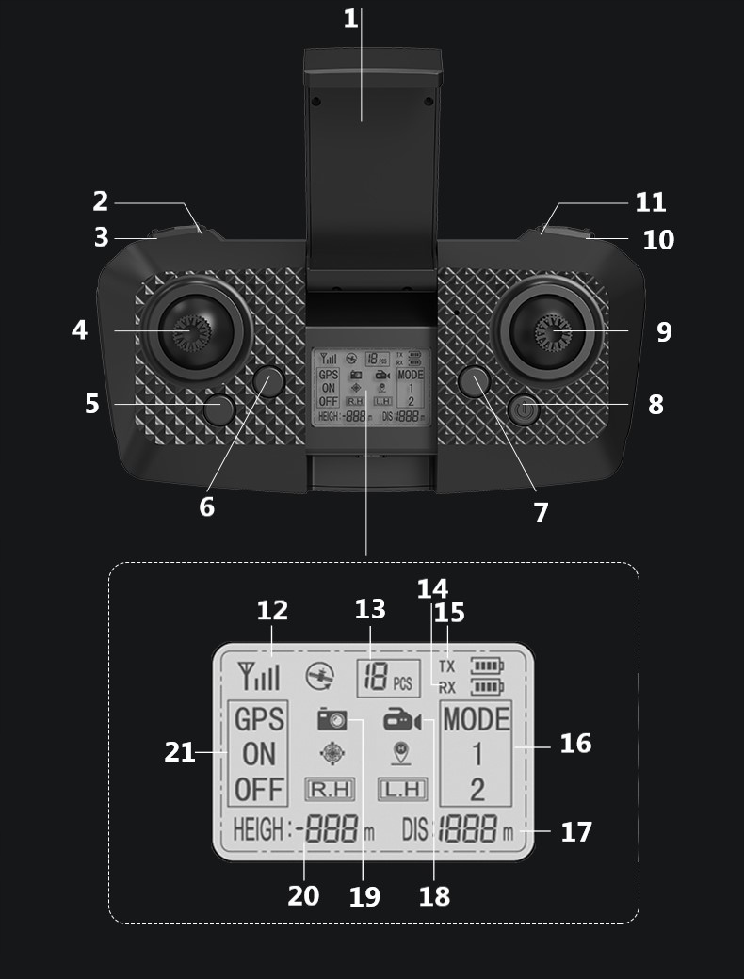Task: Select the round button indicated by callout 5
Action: click(x=219, y=409)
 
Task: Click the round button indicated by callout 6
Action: click(x=268, y=381)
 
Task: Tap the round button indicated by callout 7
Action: click(x=474, y=381)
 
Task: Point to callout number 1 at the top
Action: click(x=350, y=19)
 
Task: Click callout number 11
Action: click(x=650, y=202)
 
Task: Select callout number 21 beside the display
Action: click(x=179, y=752)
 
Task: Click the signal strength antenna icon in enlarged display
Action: click(x=258, y=675)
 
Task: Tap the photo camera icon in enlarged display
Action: click(x=332, y=721)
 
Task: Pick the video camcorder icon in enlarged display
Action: click(x=401, y=722)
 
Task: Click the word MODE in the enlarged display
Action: click(x=476, y=720)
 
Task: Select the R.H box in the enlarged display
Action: click(x=329, y=789)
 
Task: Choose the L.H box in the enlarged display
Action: click(x=402, y=789)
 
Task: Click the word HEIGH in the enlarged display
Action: click(x=258, y=830)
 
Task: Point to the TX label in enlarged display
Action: click(x=446, y=666)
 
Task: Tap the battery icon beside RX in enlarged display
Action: click(x=487, y=687)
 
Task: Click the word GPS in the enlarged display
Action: click(x=258, y=720)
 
